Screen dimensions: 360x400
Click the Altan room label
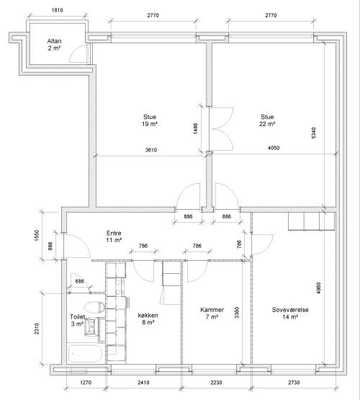(x=54, y=41)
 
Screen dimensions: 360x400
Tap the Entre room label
(x=114, y=233)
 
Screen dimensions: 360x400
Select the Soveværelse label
(x=290, y=310)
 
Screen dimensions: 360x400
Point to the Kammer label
(x=212, y=310)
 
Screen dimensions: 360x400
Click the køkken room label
(x=148, y=315)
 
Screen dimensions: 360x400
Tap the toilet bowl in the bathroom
(x=94, y=307)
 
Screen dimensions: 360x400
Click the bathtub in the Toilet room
(x=86, y=354)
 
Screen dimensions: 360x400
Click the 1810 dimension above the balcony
(x=58, y=10)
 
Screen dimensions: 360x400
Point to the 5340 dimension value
(x=314, y=133)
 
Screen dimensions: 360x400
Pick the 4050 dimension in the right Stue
(x=274, y=148)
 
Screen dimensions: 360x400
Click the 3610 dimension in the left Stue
(x=151, y=150)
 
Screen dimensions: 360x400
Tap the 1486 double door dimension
(x=195, y=128)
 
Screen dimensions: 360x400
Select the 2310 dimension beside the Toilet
(x=37, y=329)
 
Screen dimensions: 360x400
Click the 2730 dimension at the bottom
(x=294, y=383)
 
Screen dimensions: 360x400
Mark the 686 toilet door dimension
(x=79, y=281)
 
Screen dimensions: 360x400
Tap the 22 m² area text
(x=267, y=124)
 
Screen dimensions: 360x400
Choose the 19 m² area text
(x=150, y=124)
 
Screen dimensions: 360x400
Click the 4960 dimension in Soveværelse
(x=319, y=288)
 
